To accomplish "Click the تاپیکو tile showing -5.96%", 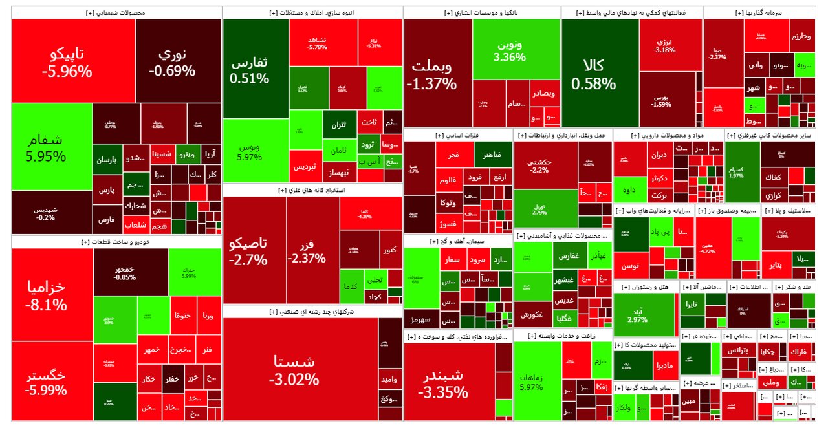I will pyautogui.click(x=67, y=61).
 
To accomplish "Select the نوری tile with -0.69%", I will pyautogui.click(x=172, y=61).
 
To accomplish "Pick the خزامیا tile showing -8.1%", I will pyautogui.click(x=47, y=294).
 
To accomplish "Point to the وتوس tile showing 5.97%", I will pyautogui.click(x=247, y=152).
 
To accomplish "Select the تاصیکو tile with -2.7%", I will pyautogui.click(x=248, y=251).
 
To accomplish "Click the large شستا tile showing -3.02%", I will pyautogui.click(x=296, y=369).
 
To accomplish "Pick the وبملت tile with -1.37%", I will pyautogui.click(x=431, y=74).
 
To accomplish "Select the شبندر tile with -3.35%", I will pyautogui.click(x=443, y=383).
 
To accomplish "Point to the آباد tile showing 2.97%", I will pyautogui.click(x=637, y=315).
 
